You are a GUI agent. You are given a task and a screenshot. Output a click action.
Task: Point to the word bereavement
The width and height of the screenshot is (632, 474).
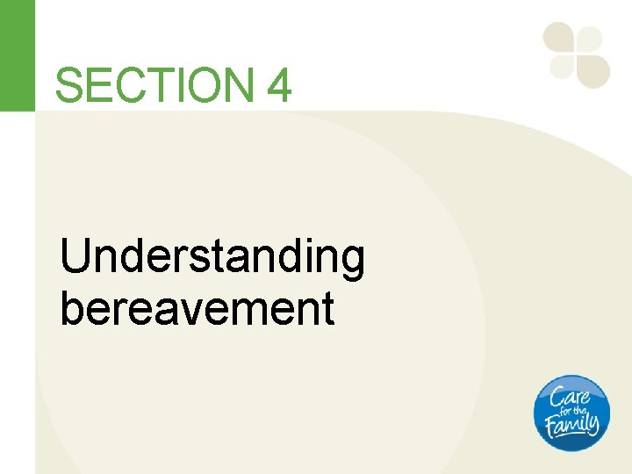click(x=197, y=308)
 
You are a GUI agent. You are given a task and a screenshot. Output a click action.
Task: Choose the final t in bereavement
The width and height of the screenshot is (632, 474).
click(x=328, y=309)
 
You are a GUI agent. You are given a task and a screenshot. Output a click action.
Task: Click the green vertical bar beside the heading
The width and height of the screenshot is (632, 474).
click(x=17, y=55)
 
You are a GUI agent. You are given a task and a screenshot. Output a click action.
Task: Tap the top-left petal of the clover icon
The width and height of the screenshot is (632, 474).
click(x=559, y=38)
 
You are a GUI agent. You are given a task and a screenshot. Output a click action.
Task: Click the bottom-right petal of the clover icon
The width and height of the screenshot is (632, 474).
click(x=593, y=70)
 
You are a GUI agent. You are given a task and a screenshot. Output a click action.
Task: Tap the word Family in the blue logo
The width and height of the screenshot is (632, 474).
click(x=572, y=426)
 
